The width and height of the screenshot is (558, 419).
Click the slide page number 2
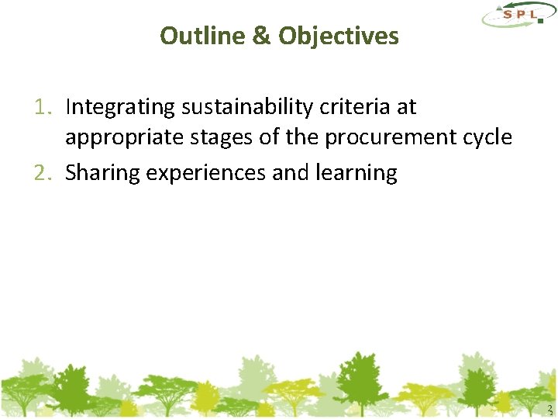coord(549,409)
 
